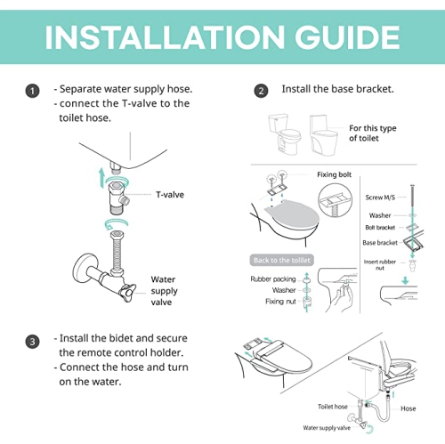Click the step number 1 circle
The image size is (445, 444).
click(x=33, y=91)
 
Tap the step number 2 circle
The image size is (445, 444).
click(x=261, y=91)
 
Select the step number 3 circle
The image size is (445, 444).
click(x=33, y=341)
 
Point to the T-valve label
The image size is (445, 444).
click(x=170, y=193)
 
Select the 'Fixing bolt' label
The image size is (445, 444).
click(x=335, y=175)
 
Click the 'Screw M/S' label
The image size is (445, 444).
click(x=381, y=198)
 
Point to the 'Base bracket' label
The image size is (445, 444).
click(x=380, y=243)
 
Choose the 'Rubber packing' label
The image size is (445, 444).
click(x=273, y=278)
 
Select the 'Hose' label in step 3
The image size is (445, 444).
click(x=409, y=409)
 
